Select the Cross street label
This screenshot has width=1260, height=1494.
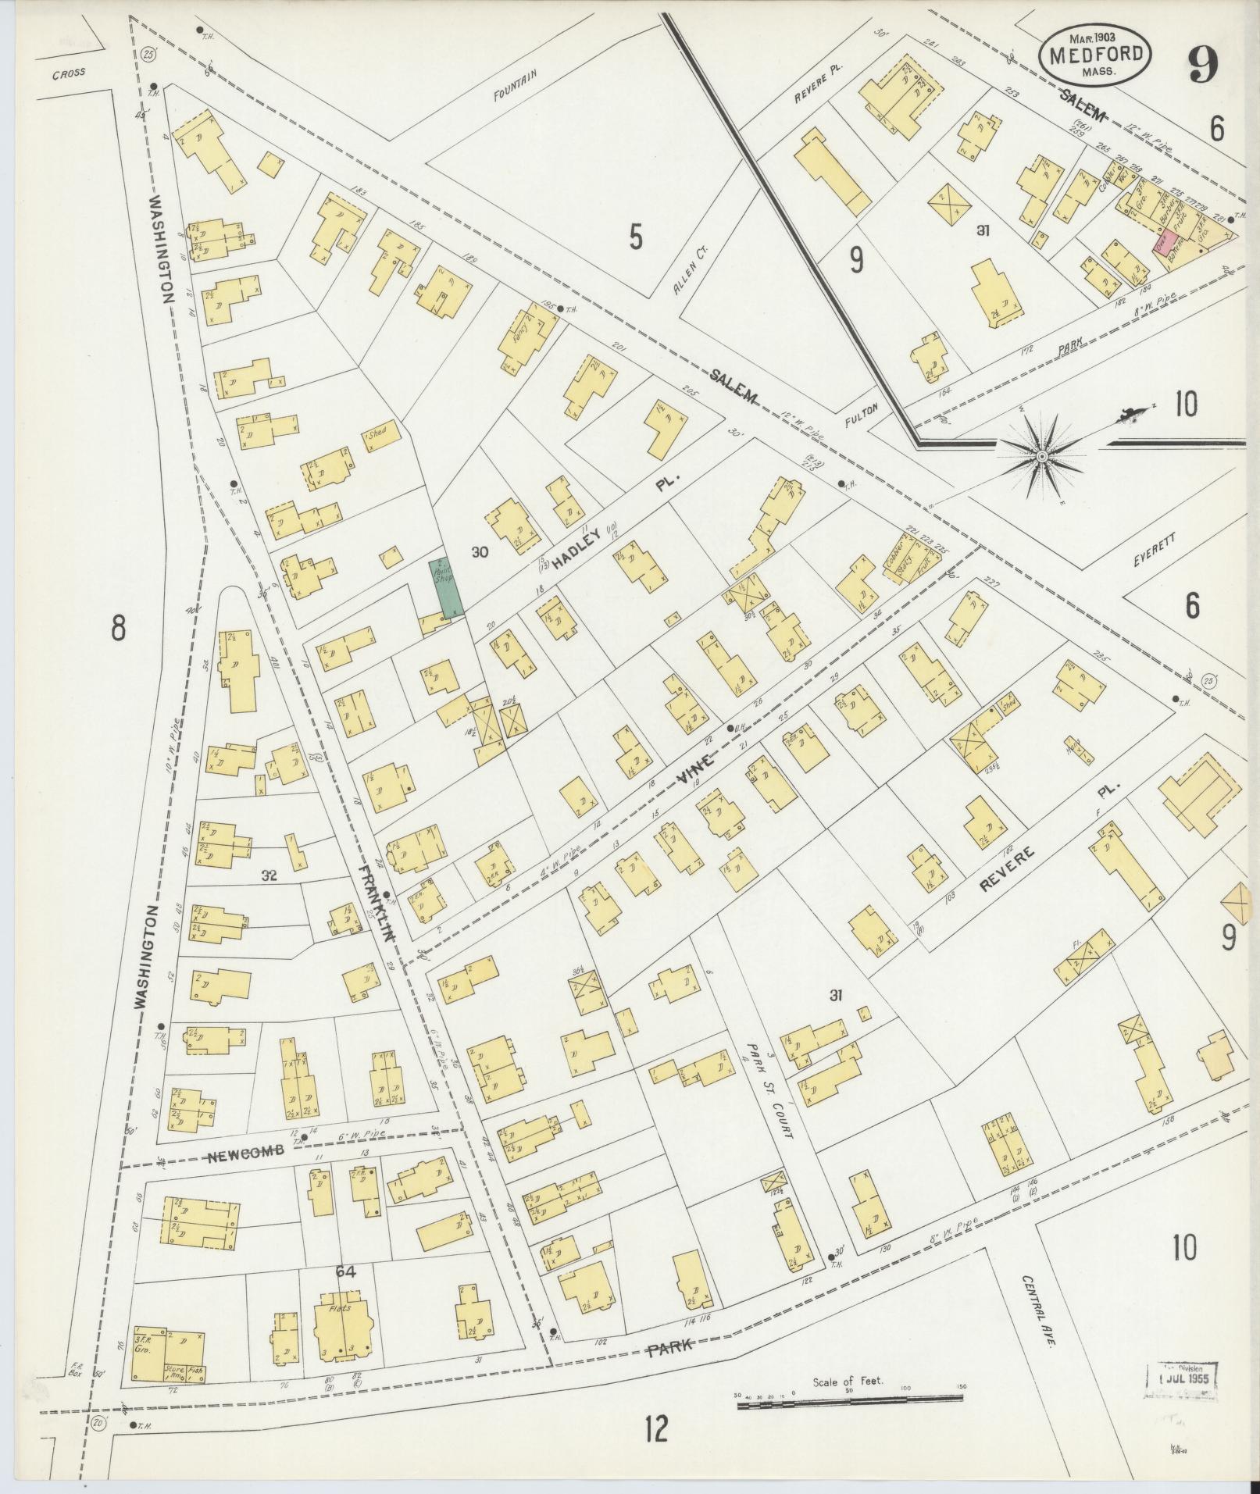70,75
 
